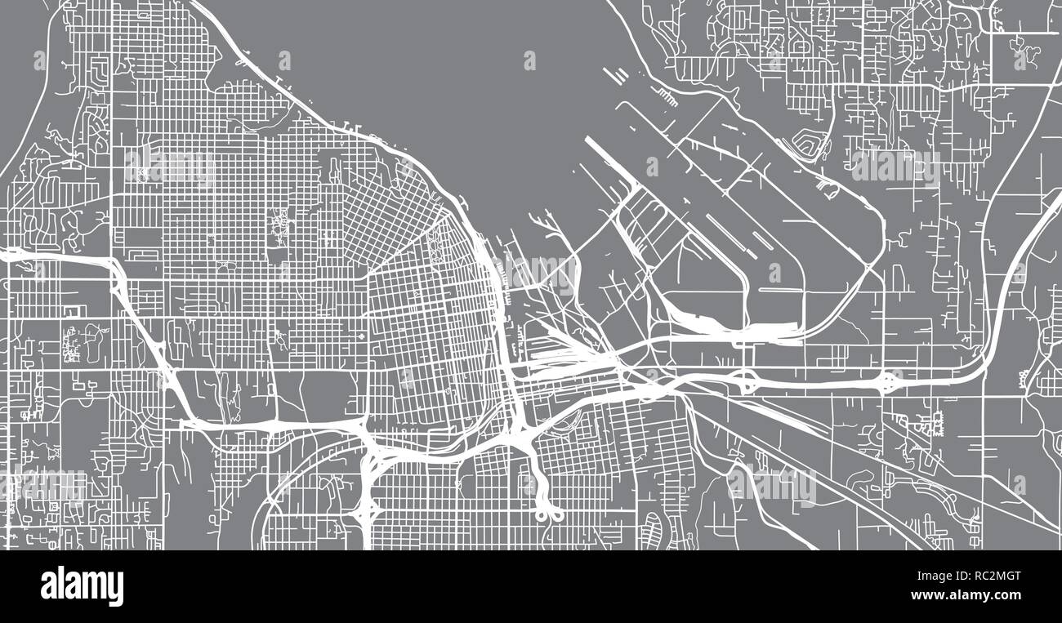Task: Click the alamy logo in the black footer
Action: click(x=82, y=586)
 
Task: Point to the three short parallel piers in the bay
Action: click(x=618, y=75)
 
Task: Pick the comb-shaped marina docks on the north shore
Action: click(x=667, y=99)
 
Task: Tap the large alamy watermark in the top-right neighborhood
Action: click(x=894, y=166)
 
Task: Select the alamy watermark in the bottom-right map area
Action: click(x=771, y=485)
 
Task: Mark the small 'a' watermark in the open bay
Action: click(x=529, y=60)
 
